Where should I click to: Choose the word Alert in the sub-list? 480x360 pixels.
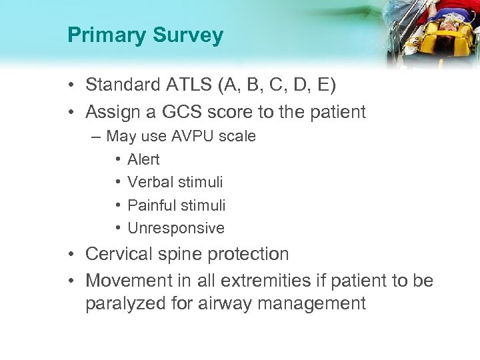coord(143,159)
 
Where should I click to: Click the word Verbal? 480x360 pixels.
coord(151,182)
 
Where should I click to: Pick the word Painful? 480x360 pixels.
coord(153,205)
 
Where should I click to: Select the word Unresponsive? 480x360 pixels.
coord(176,228)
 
